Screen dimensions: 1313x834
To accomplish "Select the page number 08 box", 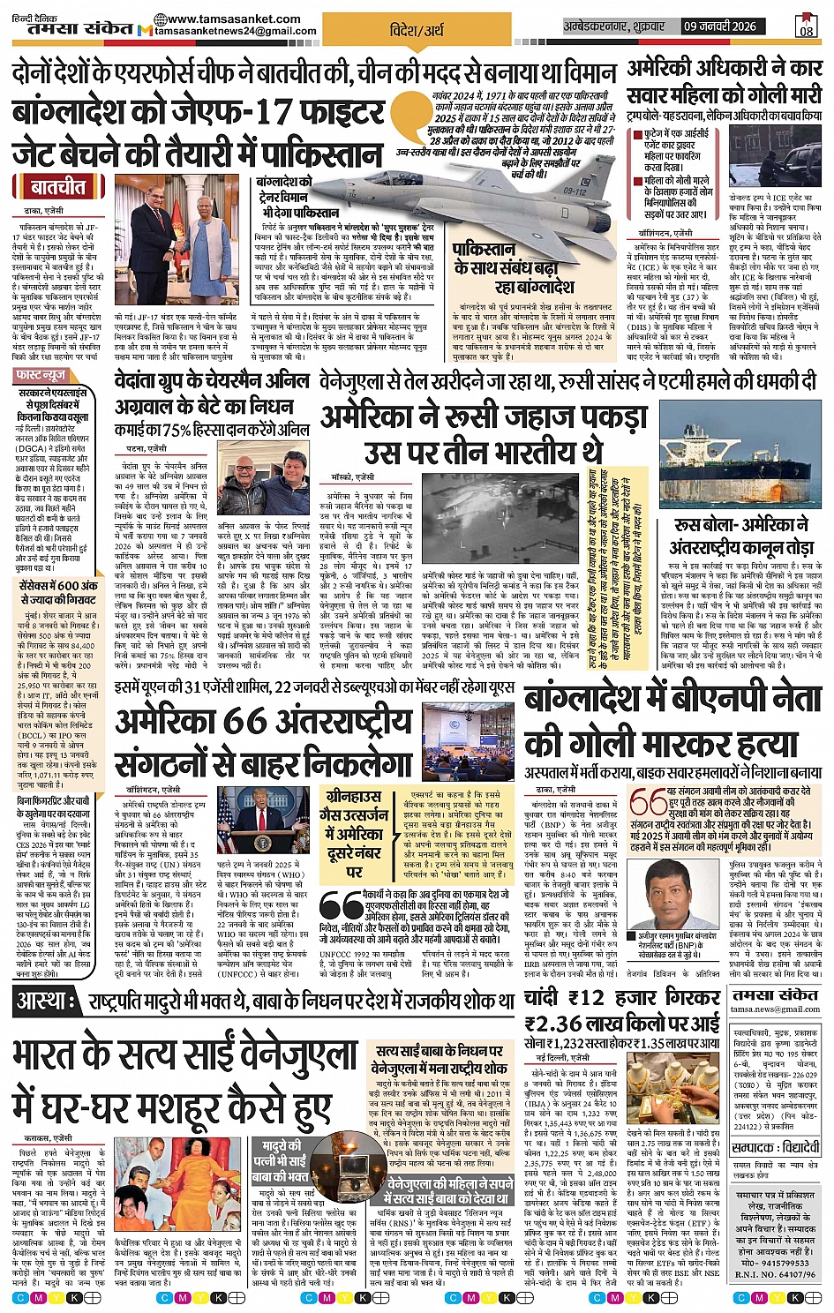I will (x=806, y=26).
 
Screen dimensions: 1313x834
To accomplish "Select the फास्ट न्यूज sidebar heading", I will (x=41, y=376).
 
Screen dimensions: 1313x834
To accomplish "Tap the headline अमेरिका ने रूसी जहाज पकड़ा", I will (x=484, y=416).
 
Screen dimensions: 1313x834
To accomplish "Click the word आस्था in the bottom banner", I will (x=42, y=1001).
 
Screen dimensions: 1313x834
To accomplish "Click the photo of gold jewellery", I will (x=676, y=1087).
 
